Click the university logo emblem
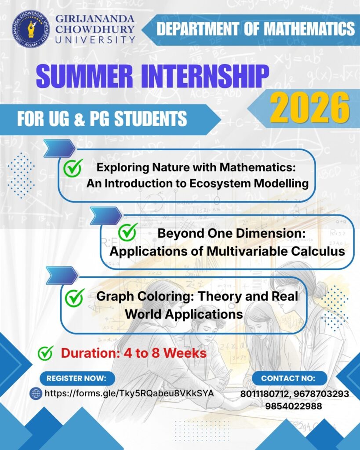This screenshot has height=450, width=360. point(31,29)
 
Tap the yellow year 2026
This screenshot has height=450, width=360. point(310,108)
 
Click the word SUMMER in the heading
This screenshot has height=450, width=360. point(84,76)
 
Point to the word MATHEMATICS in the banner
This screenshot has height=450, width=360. point(309,29)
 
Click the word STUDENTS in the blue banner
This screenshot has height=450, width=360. point(151,119)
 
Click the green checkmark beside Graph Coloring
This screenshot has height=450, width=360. point(75,298)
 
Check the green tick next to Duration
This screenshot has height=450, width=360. point(46,353)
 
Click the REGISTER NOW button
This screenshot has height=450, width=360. point(77,378)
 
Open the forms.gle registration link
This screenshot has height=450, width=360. point(130,393)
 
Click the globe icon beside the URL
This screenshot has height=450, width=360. point(36,393)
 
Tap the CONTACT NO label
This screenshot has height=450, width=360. point(289,378)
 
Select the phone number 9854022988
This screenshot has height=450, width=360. point(293,406)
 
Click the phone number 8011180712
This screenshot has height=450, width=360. point(265,394)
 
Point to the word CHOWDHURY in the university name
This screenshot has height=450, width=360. point(95,29)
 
